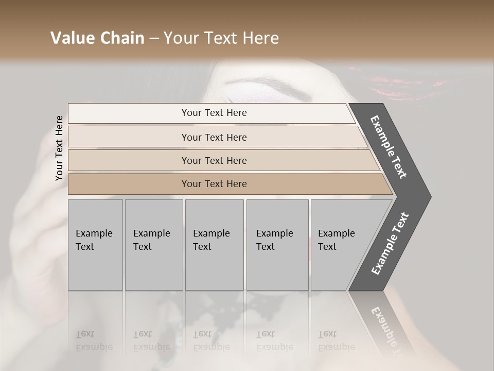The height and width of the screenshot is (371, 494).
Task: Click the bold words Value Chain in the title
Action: [97, 38]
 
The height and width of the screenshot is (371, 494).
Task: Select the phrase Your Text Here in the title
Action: [221, 38]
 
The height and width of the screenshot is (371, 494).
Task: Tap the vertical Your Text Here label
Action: [59, 148]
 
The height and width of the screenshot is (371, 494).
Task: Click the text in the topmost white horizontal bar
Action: [214, 113]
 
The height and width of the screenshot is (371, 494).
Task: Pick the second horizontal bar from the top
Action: [214, 137]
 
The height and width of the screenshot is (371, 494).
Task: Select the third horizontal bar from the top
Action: [214, 160]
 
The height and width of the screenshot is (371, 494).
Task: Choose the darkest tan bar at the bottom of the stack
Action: [214, 184]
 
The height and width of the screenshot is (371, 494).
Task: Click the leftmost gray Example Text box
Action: [95, 244]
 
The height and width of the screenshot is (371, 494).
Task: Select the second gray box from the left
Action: [153, 244]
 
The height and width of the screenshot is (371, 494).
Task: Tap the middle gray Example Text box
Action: [214, 244]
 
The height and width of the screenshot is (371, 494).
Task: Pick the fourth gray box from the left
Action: [277, 244]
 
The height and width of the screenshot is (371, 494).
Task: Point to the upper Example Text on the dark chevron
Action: [389, 147]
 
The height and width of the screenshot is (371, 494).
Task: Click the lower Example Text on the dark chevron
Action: [390, 243]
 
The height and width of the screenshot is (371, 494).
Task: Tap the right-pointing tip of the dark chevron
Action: [427, 196]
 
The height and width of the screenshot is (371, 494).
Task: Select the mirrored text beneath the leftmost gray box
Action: [94, 340]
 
